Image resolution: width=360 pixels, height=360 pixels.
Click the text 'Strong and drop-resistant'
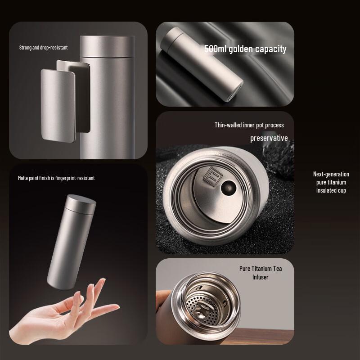[43, 47]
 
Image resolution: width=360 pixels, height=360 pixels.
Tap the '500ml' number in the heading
[216, 49]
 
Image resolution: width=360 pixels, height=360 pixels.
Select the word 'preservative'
[269, 138]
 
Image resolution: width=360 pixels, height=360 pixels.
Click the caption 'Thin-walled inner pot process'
[249, 125]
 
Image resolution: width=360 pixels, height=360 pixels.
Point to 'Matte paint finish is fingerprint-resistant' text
[56, 178]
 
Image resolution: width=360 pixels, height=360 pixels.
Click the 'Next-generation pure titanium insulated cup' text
[331, 182]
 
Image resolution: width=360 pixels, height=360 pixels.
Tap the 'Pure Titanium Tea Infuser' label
[261, 273]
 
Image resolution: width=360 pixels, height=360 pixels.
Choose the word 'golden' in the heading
[240, 49]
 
